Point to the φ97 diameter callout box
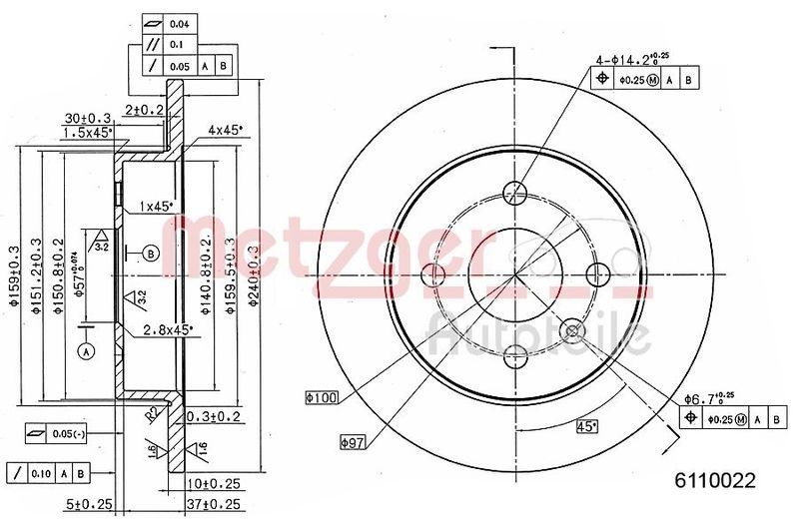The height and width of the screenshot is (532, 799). click(353, 440)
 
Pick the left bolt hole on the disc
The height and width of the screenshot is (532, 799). click(434, 274)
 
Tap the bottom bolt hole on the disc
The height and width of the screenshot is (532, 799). click(515, 354)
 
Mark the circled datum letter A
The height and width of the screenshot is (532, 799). click(85, 351)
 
